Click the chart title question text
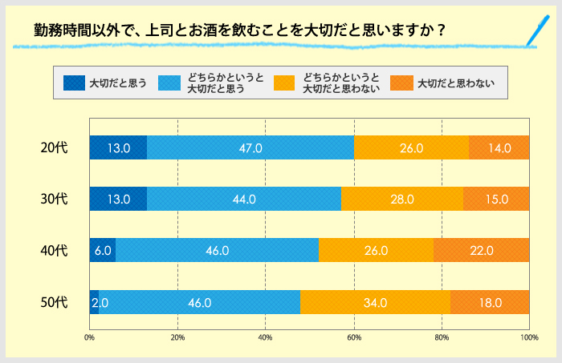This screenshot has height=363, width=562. click(x=240, y=30)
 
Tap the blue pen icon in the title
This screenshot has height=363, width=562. click(x=529, y=30)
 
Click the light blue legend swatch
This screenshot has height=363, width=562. click(x=169, y=83)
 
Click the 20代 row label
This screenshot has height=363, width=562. click(x=55, y=147)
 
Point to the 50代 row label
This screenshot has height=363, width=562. click(x=55, y=302)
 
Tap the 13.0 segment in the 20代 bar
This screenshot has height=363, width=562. click(x=118, y=147)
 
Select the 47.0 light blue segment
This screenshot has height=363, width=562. click(x=250, y=147)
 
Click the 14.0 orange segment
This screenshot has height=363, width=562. click(x=499, y=147)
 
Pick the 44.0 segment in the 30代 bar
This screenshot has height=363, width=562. click(x=244, y=199)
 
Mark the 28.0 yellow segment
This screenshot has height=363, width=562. click(x=401, y=199)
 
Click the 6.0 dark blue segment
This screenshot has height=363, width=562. click(x=102, y=251)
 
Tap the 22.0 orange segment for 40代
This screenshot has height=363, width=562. click(x=481, y=251)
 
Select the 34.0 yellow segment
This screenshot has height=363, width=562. click(x=375, y=302)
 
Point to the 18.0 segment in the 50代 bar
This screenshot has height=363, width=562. click(x=490, y=302)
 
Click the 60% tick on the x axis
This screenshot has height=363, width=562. click(x=353, y=337)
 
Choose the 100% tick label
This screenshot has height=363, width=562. click(x=528, y=337)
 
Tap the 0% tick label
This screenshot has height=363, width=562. click(x=90, y=337)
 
